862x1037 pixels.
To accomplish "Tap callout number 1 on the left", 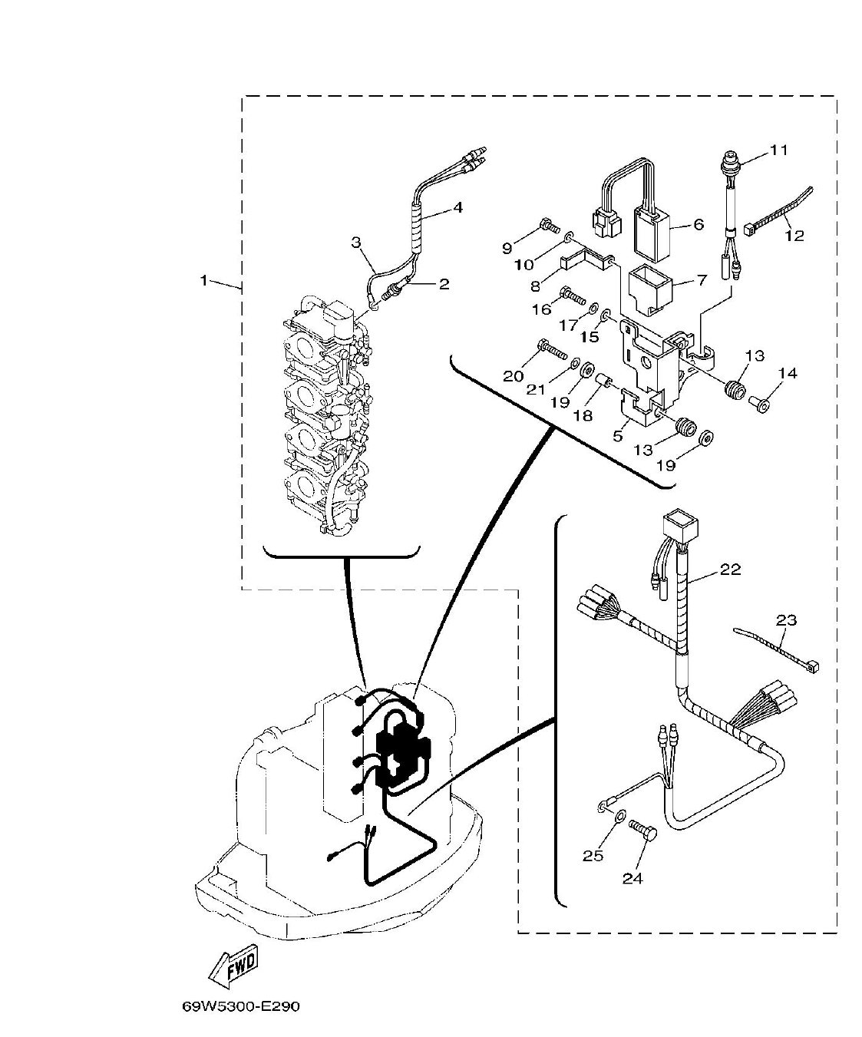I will coord(203,281).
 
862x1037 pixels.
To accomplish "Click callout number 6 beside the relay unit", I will coord(698,224).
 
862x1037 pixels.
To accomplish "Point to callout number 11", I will coord(778,150).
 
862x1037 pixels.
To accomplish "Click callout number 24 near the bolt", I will coord(632,878).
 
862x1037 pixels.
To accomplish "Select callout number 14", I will coord(788,374).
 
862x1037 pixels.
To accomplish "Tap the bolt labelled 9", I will coord(547,226).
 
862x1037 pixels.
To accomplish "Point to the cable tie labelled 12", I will coord(775,211).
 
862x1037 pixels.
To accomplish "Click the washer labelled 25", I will coord(619,814).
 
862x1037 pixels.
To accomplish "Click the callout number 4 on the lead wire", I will coord(457,206).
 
